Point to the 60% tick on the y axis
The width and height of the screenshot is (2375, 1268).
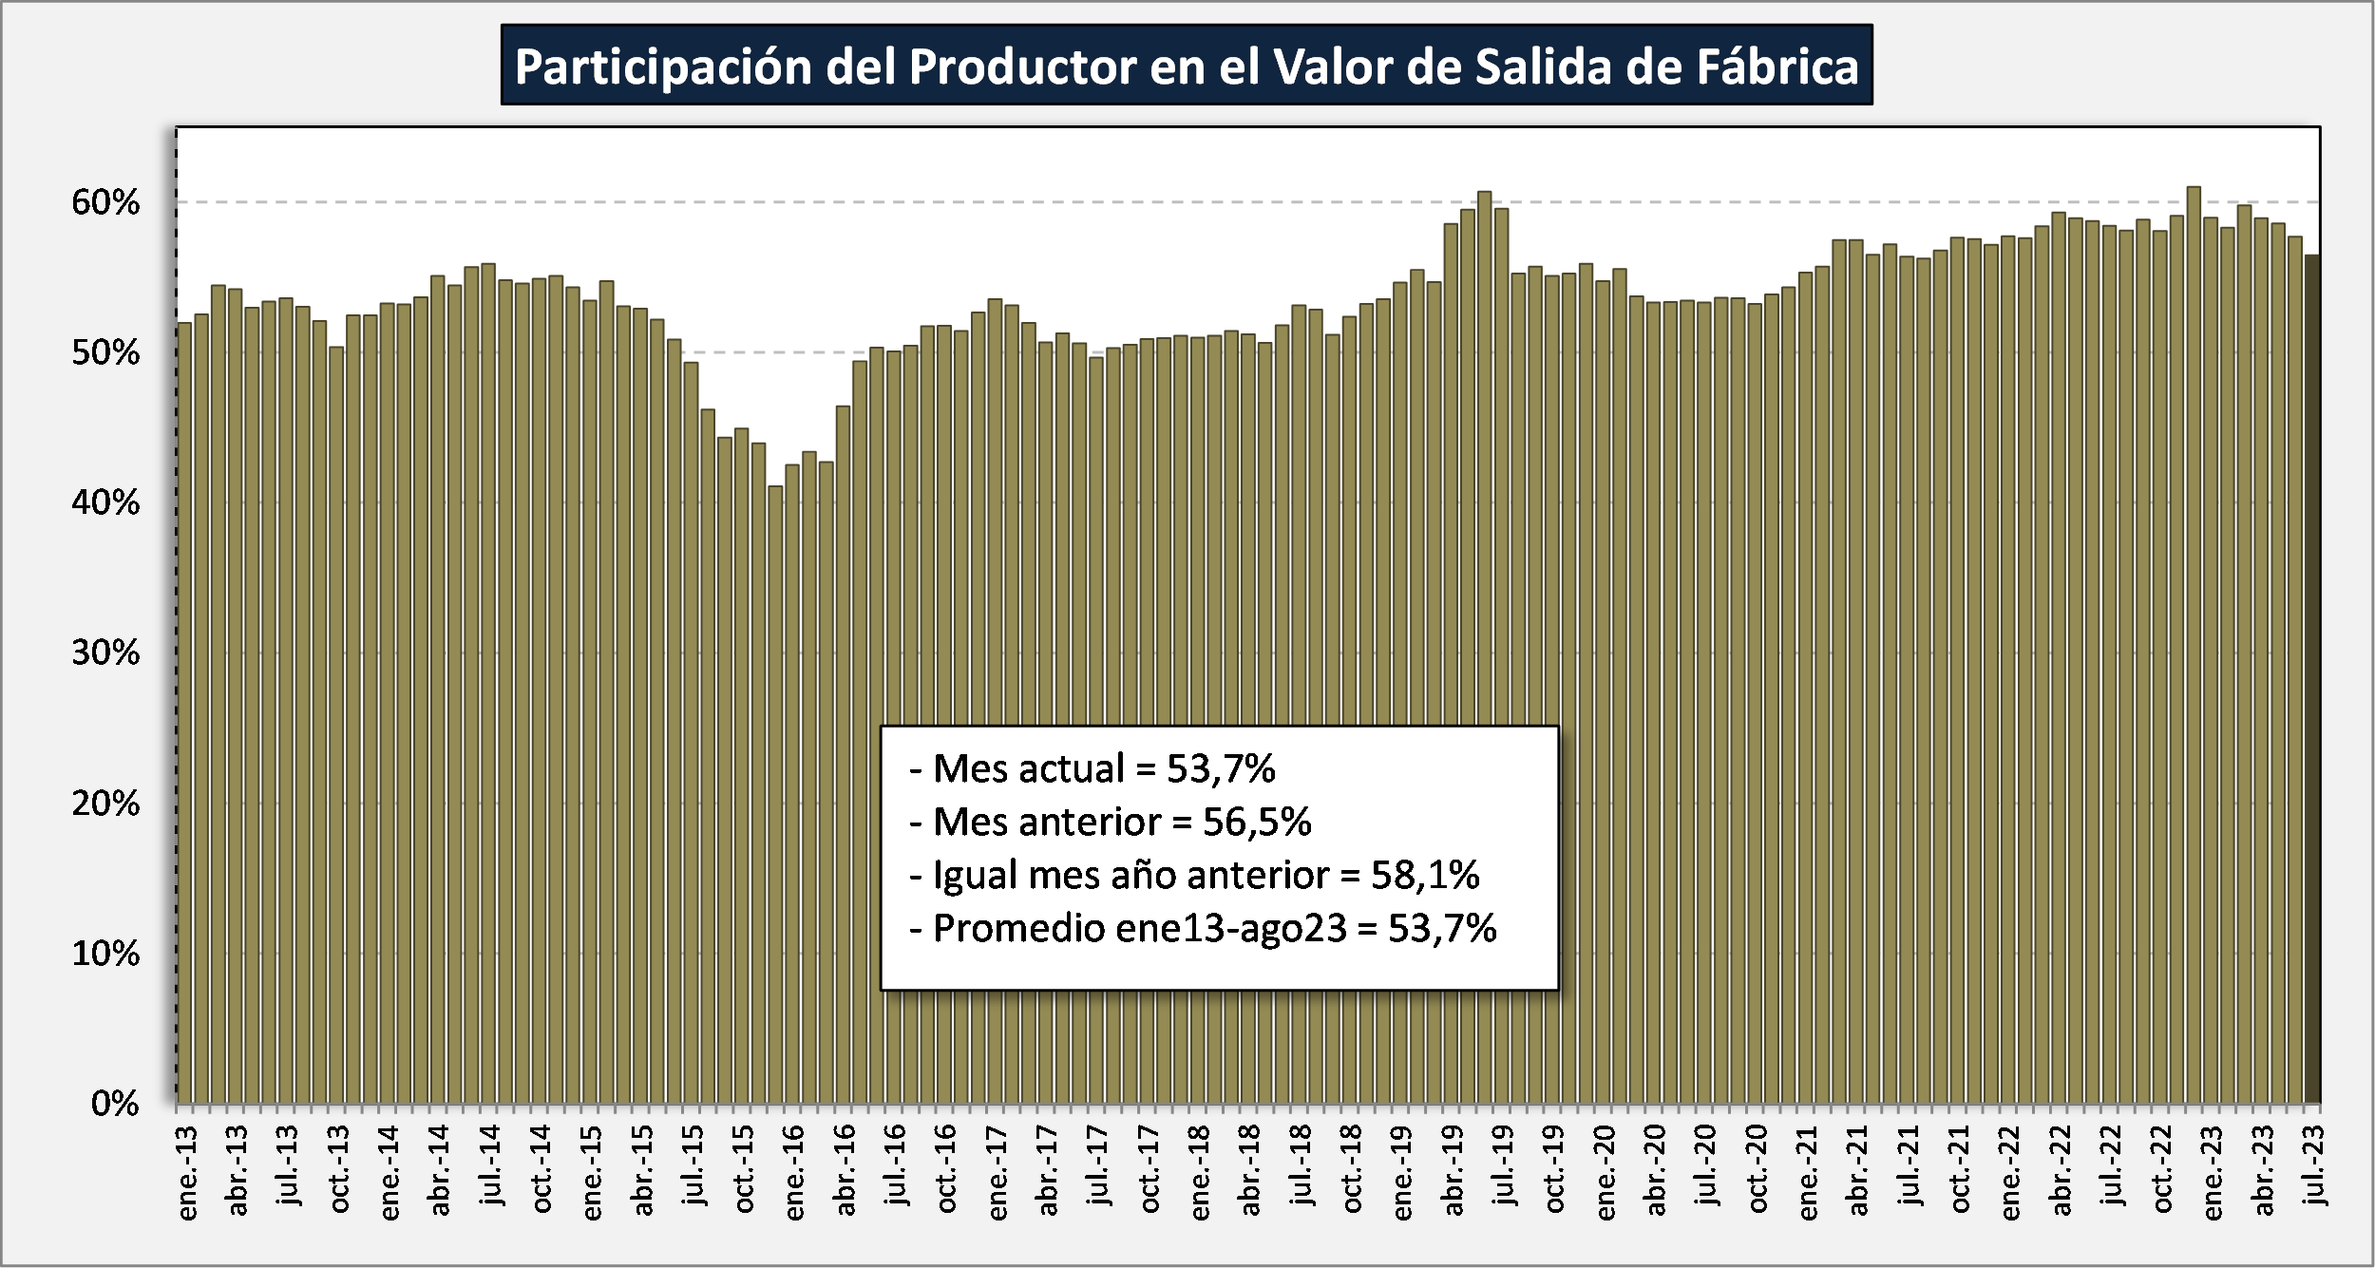tap(105, 202)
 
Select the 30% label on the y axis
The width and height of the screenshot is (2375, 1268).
tap(105, 653)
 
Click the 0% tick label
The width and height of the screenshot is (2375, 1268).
tap(115, 1103)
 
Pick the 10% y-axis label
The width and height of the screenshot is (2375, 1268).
tap(105, 953)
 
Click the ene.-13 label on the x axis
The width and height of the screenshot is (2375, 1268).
tap(187, 1172)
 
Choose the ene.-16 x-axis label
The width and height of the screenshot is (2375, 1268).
tap(794, 1172)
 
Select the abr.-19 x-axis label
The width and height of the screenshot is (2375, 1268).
tap(1453, 1171)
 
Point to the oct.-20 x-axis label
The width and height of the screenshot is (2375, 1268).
tap(1757, 1169)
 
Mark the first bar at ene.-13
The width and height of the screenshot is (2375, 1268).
tap(184, 712)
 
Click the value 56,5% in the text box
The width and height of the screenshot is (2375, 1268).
tap(1256, 822)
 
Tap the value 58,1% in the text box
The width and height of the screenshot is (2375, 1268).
tap(1424, 875)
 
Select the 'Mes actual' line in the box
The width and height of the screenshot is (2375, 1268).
tap(1092, 768)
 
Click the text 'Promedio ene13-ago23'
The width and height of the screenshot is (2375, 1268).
tap(1139, 928)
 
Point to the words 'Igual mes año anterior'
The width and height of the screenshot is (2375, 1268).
tap(1130, 875)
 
